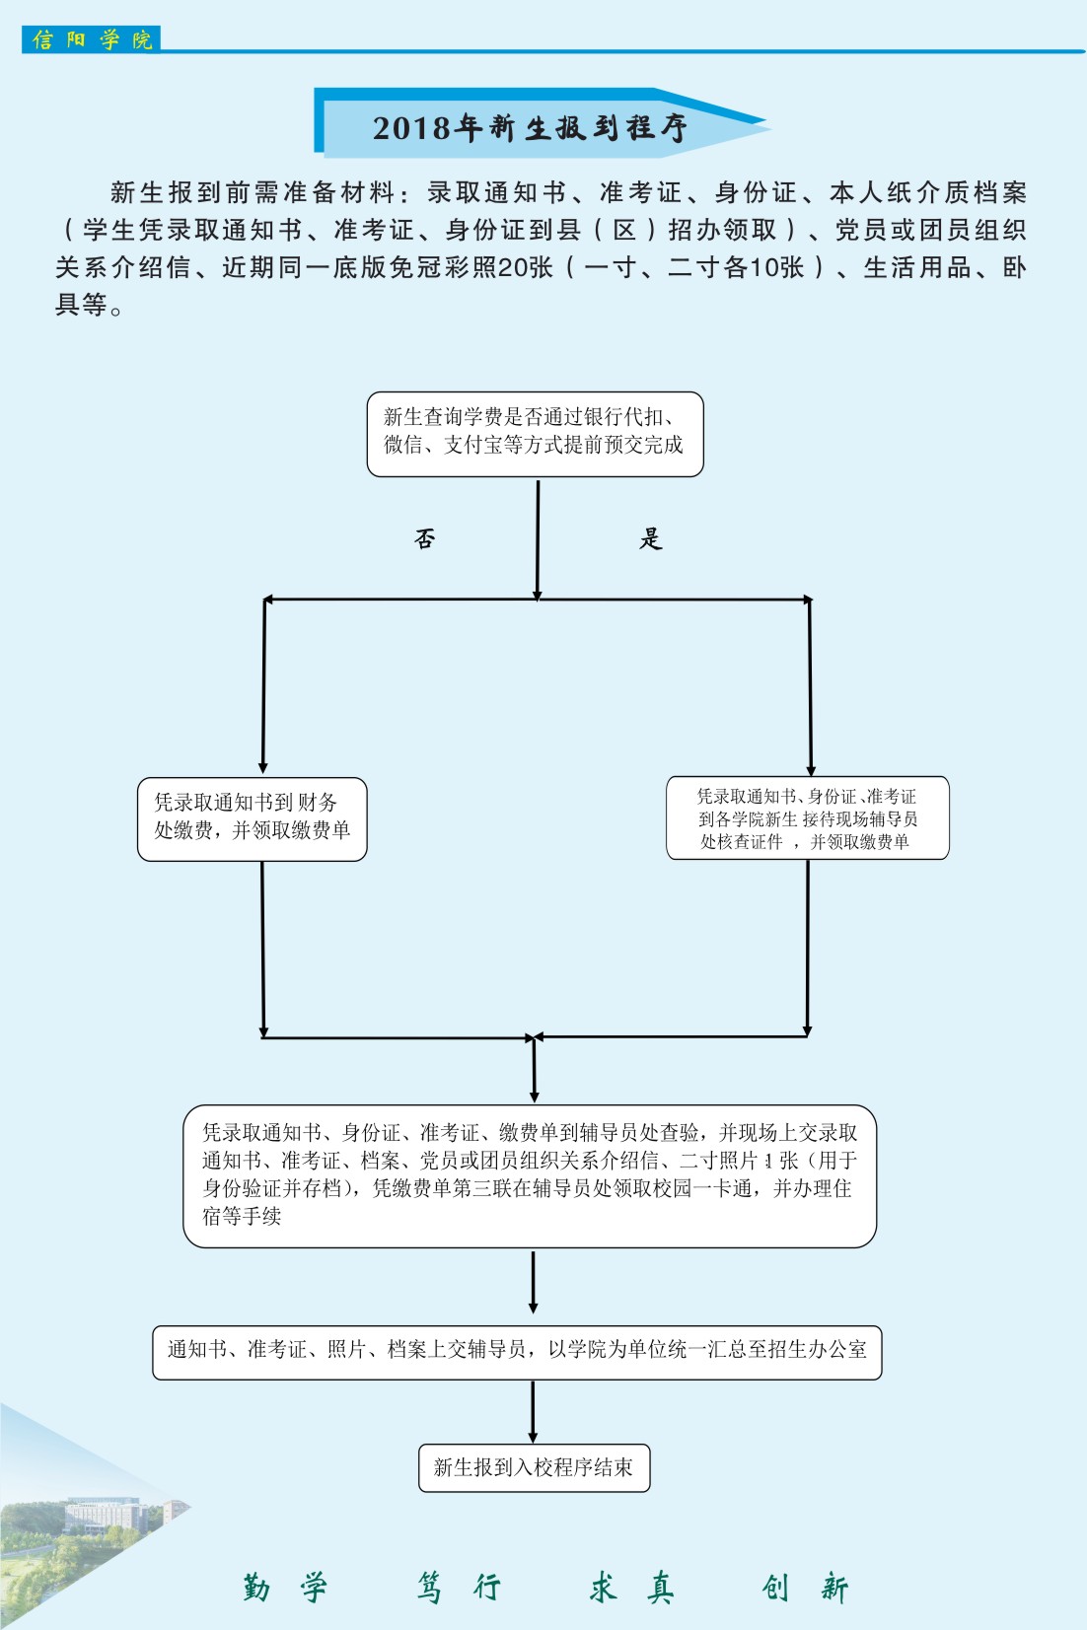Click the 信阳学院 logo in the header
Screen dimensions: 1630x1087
91,39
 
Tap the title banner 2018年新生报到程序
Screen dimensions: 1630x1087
530,127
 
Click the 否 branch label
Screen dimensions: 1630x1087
424,538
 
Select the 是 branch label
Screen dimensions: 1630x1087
650,538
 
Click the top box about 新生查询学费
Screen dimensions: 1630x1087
535,434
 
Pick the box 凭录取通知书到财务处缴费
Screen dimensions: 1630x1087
252,818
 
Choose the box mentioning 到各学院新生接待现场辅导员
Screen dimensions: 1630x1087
807,818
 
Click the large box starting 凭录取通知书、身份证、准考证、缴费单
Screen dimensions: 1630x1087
530,1175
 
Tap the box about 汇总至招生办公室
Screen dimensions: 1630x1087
517,1352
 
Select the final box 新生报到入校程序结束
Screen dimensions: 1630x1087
534,1468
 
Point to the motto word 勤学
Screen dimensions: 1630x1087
284,1587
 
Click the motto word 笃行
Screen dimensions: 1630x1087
459,1587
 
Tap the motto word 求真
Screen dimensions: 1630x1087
631,1587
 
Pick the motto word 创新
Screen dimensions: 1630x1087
805,1587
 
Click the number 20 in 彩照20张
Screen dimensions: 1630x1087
512,267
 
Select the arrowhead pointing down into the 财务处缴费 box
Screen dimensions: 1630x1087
262,767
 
